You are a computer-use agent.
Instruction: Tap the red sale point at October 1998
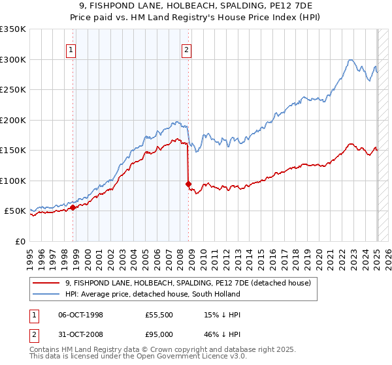(x=73, y=207)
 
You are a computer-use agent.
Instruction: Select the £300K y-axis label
(x=12, y=59)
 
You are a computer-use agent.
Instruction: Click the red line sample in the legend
(x=47, y=283)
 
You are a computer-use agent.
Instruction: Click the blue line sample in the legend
(x=47, y=294)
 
